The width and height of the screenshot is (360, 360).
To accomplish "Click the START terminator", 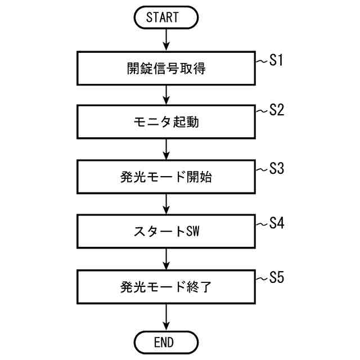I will point(166,17).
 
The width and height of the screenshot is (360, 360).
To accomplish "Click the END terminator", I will point(166,341).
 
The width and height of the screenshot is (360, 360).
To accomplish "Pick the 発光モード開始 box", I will point(166,177).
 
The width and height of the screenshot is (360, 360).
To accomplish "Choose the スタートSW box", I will point(166,232).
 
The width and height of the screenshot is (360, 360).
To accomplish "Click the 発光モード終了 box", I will point(166,286).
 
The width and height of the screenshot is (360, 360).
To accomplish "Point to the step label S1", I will point(275,60).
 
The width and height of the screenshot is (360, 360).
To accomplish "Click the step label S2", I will point(275,110).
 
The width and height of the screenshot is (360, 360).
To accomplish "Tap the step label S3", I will point(275,168).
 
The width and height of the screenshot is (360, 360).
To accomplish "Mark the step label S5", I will point(275,277).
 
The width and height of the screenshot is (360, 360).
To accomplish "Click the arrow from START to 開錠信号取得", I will point(166,39).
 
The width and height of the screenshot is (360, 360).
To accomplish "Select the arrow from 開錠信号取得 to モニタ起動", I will point(166,94).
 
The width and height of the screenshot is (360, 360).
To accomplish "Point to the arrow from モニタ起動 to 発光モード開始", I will point(166,149).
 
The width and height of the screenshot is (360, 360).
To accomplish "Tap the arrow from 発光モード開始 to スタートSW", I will point(166,204).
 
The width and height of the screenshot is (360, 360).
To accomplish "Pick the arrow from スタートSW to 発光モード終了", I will point(166,258).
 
